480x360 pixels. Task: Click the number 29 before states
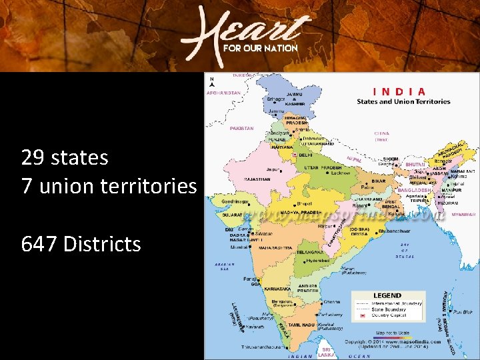coord(32,158)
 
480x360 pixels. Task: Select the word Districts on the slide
coord(102,245)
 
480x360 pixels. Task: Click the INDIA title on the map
coord(400,91)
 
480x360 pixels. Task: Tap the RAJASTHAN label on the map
coord(257,179)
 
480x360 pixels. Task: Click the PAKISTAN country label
coord(241,128)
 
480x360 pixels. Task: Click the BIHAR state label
coord(378,181)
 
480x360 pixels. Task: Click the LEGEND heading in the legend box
coord(387,295)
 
